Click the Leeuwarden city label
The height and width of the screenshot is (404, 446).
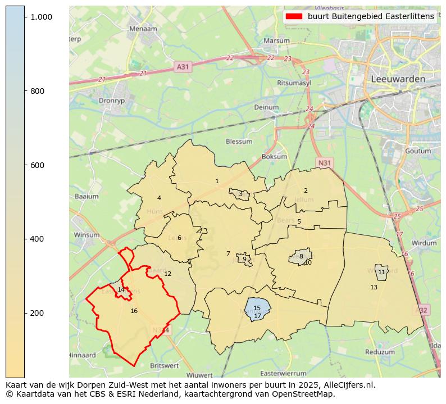coord(398,79)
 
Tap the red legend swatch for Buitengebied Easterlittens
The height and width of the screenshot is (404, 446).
coord(294,16)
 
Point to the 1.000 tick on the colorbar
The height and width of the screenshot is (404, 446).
coord(42,17)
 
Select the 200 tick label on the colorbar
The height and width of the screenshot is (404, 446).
coord(37,313)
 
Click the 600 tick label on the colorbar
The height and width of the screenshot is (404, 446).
coord(37,165)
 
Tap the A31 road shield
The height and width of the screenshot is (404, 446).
coord(183,66)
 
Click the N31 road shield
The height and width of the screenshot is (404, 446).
coord(324,163)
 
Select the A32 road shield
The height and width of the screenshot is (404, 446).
coord(423,310)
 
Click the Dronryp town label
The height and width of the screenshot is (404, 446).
coord(110,101)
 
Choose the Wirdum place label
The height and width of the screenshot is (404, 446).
coord(424,243)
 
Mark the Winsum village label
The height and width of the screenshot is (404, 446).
coord(87,235)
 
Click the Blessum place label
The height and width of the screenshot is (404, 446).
coord(239,142)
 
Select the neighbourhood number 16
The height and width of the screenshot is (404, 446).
coord(134,311)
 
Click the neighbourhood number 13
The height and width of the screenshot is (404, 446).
coord(374,287)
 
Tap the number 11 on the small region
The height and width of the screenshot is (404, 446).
coord(381,272)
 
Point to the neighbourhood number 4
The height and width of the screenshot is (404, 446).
coord(159,198)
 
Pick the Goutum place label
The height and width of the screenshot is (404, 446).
coord(417,151)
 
